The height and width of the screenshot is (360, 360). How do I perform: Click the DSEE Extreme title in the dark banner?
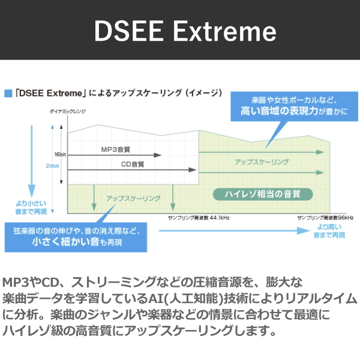point(185,31)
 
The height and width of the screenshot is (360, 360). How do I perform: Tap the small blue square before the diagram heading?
point(8,93)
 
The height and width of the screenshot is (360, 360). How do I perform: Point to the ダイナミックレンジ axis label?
point(67,112)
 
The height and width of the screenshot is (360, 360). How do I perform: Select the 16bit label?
point(60,154)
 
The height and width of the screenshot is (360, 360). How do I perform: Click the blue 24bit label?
point(52,166)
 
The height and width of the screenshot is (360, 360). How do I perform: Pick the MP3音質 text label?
point(115,149)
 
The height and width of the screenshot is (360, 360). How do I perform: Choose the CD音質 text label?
point(133,164)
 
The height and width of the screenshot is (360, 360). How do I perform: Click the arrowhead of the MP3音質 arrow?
point(157,155)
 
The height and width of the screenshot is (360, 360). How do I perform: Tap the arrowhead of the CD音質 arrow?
point(192,170)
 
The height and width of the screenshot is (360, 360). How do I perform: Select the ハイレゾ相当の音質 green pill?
point(263,194)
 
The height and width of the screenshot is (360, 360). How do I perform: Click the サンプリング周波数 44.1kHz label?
point(199,218)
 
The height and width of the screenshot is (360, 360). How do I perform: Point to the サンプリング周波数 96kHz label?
point(325,218)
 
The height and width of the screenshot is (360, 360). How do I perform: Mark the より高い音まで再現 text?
point(329,231)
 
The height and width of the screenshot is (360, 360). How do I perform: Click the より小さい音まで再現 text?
point(31,208)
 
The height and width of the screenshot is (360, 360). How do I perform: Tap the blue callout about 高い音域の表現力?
point(294,106)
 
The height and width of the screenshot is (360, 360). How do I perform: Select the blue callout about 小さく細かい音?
point(76,237)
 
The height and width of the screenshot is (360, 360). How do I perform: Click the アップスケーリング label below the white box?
point(133,199)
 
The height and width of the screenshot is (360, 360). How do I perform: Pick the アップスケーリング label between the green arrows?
point(262,162)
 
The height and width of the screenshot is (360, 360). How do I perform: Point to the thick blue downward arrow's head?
point(32,191)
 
